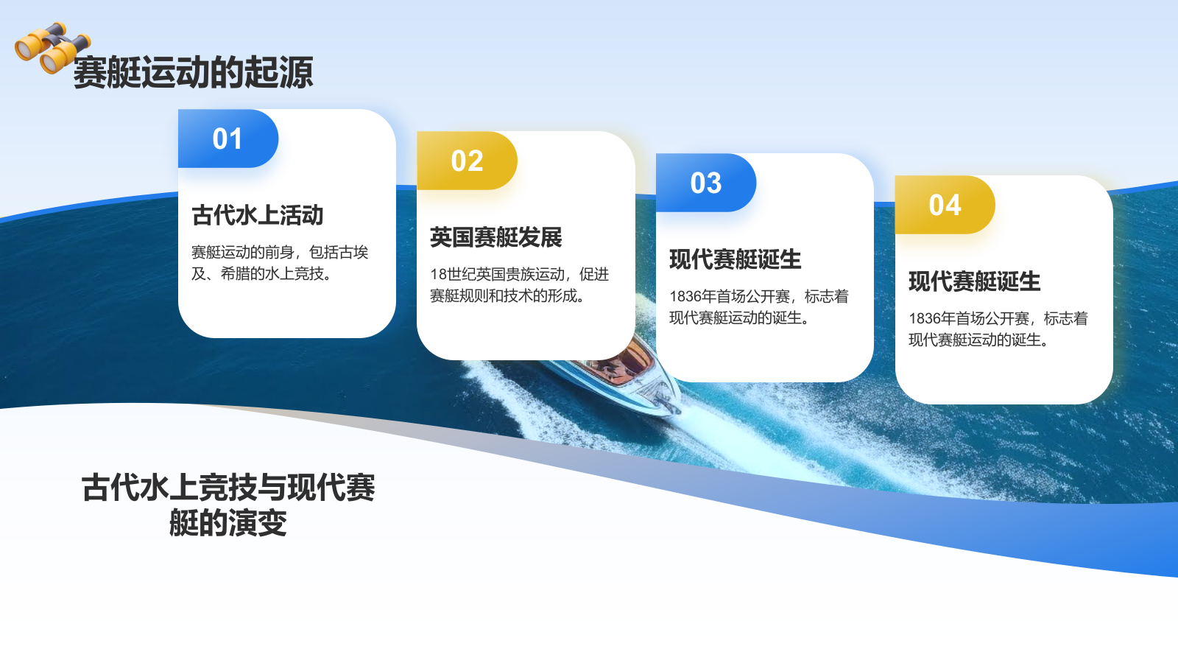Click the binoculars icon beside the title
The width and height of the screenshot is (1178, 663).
(x=52, y=49)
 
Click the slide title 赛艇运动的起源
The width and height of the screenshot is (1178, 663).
(x=193, y=73)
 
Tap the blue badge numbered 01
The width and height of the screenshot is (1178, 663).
(x=228, y=139)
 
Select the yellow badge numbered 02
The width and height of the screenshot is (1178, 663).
(x=467, y=161)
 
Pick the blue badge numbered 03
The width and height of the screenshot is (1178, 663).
(x=705, y=183)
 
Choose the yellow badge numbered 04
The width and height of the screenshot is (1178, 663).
(x=945, y=206)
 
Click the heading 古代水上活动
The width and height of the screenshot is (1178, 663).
(x=258, y=215)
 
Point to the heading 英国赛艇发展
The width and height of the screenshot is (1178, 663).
(x=496, y=237)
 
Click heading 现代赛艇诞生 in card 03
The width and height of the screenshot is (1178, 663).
(x=735, y=259)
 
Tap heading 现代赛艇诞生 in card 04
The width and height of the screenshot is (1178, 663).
(x=974, y=281)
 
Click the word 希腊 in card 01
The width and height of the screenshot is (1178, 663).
(x=236, y=274)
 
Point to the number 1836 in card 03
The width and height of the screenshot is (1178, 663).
(x=685, y=297)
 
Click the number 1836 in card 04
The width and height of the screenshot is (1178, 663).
(x=924, y=319)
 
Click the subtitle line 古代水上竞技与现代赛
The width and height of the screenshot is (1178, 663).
(x=228, y=488)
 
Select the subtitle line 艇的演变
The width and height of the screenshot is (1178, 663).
(x=228, y=524)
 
